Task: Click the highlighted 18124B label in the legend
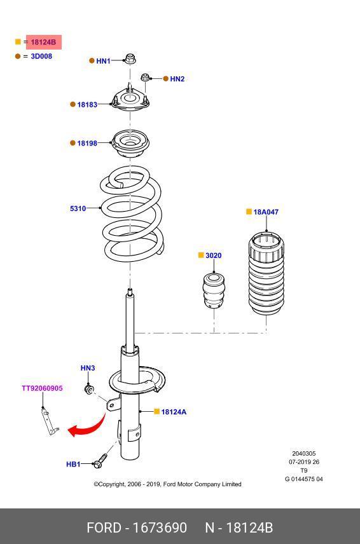[x=43, y=43]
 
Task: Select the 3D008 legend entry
[x=41, y=56]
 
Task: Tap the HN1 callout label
[x=103, y=61]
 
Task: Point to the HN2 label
[x=177, y=79]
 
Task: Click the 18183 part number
[x=87, y=104]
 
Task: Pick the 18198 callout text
[x=87, y=143]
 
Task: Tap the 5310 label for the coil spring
[x=78, y=208]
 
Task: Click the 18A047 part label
[x=266, y=212]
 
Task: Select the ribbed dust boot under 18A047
[x=267, y=274]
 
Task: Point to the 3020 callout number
[x=214, y=255]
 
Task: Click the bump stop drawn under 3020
[x=214, y=290]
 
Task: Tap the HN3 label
[x=88, y=368]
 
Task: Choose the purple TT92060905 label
[x=43, y=388]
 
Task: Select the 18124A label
[x=174, y=412]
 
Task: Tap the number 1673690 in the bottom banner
[x=160, y=527]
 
